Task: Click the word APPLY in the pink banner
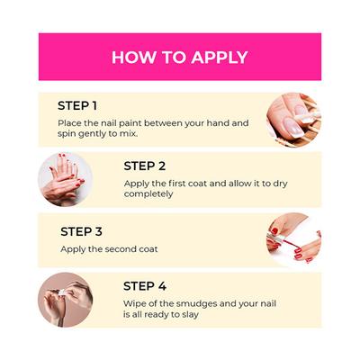click(x=220, y=58)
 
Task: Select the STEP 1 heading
click(x=77, y=106)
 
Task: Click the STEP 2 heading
click(x=145, y=166)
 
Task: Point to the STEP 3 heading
click(x=81, y=231)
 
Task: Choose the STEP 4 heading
click(x=145, y=286)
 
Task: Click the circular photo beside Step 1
click(x=293, y=120)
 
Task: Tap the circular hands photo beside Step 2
click(x=65, y=179)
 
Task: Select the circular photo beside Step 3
click(x=293, y=240)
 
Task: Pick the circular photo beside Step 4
click(x=65, y=300)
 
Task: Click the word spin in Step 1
click(x=67, y=134)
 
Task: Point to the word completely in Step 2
click(x=148, y=194)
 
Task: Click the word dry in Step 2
click(x=280, y=184)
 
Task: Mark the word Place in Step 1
click(x=67, y=123)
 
